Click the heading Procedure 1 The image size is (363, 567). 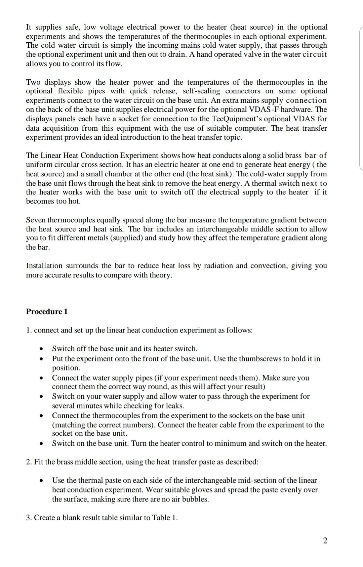point(47,311)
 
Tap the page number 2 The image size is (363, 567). point(325,540)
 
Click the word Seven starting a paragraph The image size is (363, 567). point(36,220)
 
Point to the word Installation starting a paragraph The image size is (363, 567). point(44,266)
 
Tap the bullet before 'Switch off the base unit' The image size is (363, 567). point(41,349)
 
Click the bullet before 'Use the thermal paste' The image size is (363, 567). point(41,481)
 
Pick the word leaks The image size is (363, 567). point(175,405)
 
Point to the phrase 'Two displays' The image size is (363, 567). point(48,82)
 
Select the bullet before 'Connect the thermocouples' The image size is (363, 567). point(41,416)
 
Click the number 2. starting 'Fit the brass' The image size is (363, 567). point(29,462)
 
